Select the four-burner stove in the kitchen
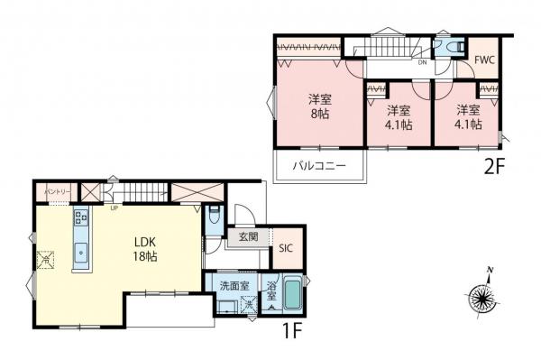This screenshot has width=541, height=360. point(79,217)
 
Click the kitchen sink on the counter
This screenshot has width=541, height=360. point(79,252)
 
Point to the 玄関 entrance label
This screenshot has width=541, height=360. point(248,237)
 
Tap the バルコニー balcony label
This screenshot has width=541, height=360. point(317,166)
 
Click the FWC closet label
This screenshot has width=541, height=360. point(485,61)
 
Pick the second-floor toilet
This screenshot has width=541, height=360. point(451,45)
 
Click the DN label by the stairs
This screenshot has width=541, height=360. point(421,62)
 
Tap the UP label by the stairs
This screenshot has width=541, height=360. point(114,208)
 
